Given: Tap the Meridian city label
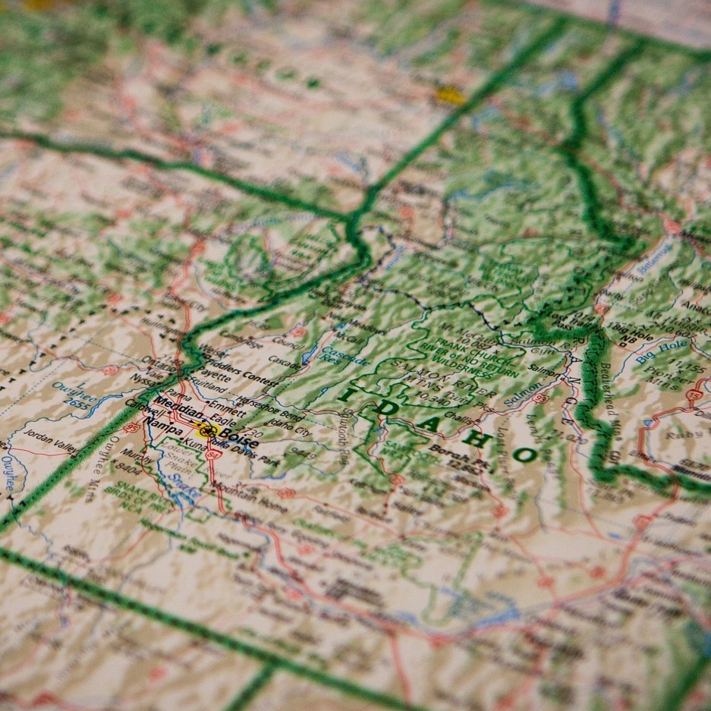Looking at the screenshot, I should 176,411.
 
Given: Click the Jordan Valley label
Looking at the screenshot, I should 51,439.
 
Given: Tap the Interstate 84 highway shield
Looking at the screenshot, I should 215,455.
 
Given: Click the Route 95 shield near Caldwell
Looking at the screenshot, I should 131,427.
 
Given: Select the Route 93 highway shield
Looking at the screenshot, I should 540,397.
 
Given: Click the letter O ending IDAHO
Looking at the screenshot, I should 524,455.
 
